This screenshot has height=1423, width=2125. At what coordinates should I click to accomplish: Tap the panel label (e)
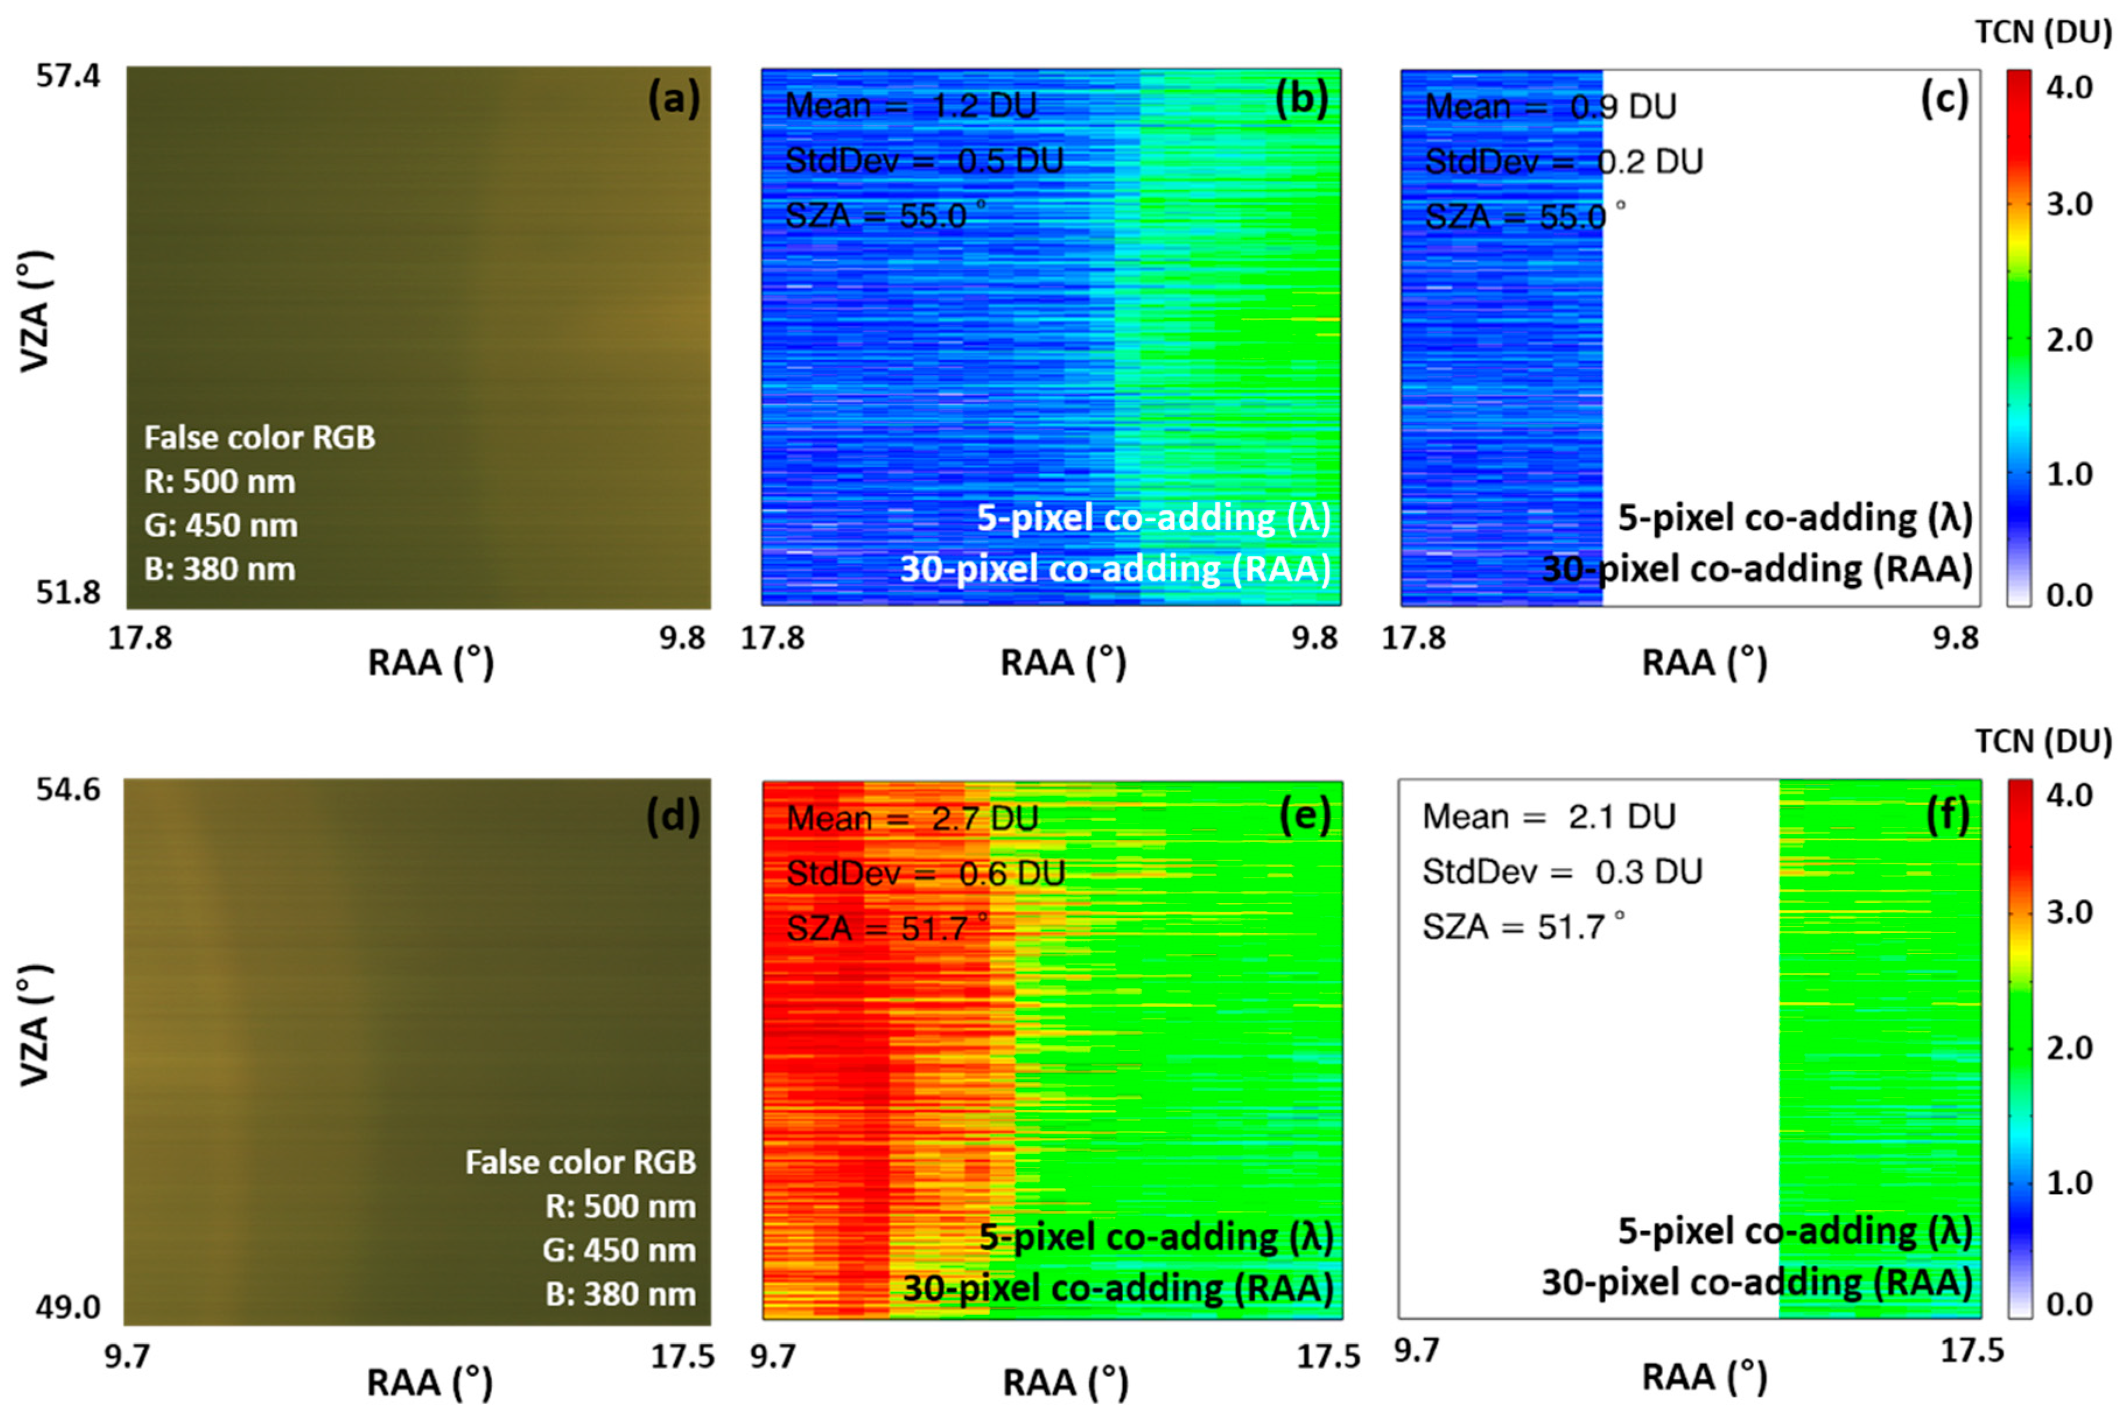1305,815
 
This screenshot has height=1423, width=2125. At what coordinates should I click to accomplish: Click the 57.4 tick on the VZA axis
68,75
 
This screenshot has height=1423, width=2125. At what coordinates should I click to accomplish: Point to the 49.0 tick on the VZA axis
68,1307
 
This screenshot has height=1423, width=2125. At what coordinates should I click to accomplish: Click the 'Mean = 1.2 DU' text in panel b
910,106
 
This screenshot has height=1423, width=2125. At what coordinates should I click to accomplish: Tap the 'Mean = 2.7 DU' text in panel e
912,819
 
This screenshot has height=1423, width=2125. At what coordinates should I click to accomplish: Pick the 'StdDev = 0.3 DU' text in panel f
1562,872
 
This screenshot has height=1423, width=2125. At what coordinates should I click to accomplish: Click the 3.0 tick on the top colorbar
2070,204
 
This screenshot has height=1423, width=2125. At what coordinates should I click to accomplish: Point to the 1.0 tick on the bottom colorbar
2070,1183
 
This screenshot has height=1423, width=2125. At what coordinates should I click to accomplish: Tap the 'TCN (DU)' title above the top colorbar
2043,33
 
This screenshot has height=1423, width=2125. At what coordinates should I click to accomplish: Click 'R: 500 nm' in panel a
220,481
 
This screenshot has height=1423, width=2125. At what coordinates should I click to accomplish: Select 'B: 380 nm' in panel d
620,1294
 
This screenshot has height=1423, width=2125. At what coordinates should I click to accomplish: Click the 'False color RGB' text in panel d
581,1162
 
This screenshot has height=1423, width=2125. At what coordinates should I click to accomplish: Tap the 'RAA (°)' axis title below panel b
1062,664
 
